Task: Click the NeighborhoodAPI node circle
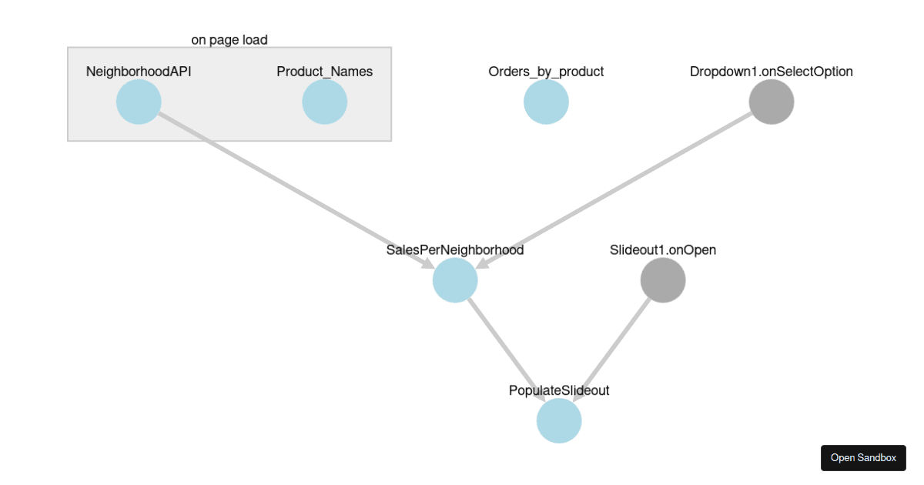(x=139, y=102)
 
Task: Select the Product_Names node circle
(x=324, y=102)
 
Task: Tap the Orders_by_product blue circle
(x=546, y=102)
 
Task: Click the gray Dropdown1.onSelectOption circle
(x=771, y=102)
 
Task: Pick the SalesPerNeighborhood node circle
(x=455, y=280)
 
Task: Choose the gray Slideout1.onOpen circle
(x=662, y=280)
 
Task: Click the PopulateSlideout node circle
(x=558, y=421)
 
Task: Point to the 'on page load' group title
(x=229, y=39)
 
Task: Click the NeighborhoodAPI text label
(x=139, y=72)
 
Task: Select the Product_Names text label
(x=324, y=72)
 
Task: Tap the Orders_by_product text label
(x=546, y=72)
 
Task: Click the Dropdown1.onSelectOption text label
(x=771, y=72)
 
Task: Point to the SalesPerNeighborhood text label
(x=455, y=250)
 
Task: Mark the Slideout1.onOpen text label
(x=662, y=250)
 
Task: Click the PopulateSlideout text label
(x=558, y=390)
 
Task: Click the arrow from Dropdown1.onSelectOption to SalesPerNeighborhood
(x=616, y=189)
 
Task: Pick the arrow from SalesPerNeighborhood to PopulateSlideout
(x=507, y=350)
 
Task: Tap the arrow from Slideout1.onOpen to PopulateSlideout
(x=610, y=351)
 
